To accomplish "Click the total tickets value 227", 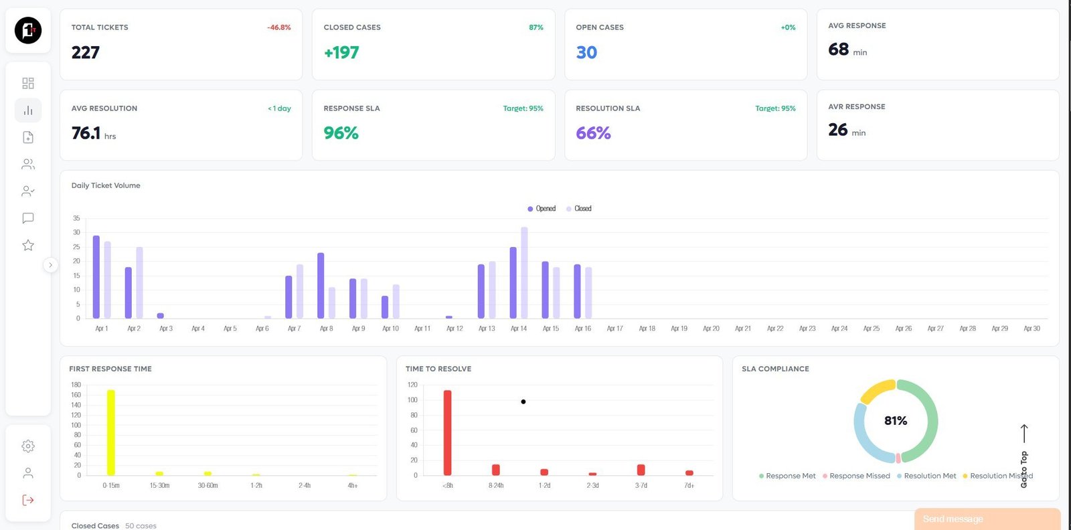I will (86, 53).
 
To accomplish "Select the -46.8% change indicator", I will (278, 27).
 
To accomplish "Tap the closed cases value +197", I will (341, 53).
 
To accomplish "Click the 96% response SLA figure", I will (341, 133).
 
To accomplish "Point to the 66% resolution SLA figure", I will (593, 133).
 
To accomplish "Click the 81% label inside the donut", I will (895, 421).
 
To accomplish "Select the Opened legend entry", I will (542, 209).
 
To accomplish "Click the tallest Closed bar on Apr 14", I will (524, 273).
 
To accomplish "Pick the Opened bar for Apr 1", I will (96, 277).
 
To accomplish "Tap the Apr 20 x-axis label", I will (711, 329).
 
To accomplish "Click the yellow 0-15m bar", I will (111, 432).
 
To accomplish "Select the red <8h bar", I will (448, 432).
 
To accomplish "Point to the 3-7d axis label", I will (641, 486).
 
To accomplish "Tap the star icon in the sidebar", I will (28, 246).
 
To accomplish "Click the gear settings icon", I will (28, 446).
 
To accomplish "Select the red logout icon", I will (28, 500).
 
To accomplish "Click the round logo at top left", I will (28, 31).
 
